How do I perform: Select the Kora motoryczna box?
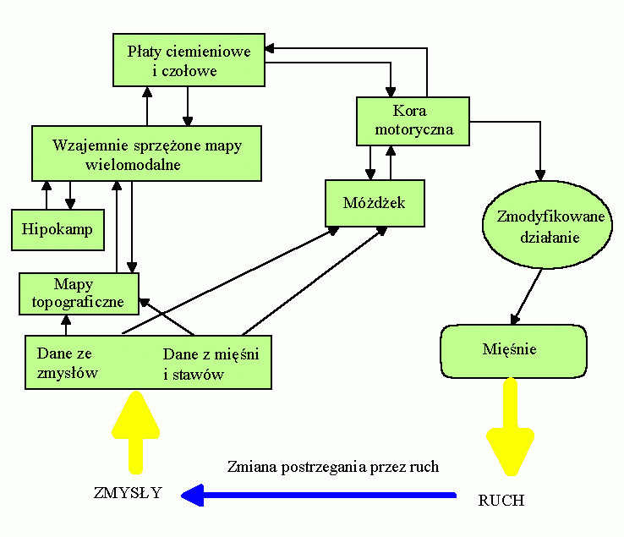[x=412, y=120]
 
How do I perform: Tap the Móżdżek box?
[x=375, y=204]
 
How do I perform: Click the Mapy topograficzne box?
[x=78, y=293]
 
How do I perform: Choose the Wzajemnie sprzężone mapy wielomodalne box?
[x=146, y=153]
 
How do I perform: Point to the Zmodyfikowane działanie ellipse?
[x=550, y=227]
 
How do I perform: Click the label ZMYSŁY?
[x=128, y=493]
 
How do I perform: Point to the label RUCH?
[x=501, y=500]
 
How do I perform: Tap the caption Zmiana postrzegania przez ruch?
[x=332, y=467]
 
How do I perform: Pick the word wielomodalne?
[x=134, y=164]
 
